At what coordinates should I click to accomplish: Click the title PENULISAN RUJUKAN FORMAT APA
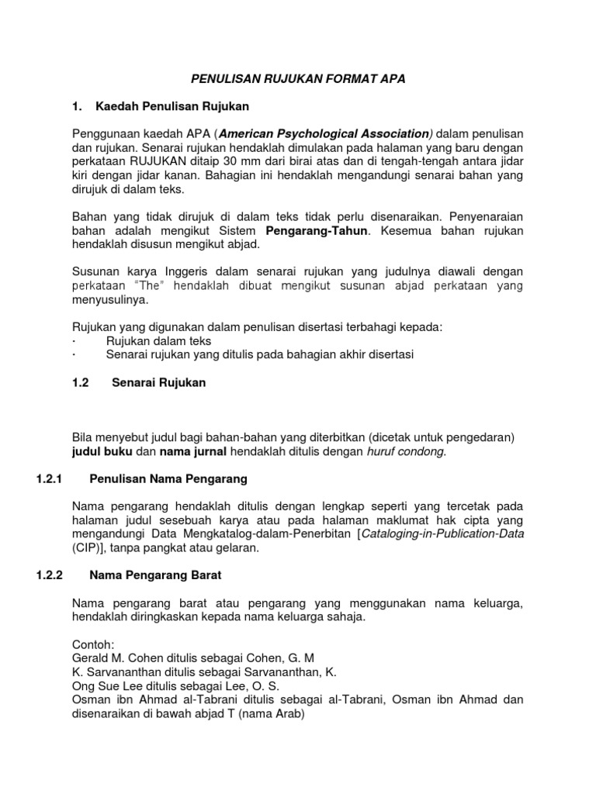click(x=298, y=78)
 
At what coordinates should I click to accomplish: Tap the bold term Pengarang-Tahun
click(x=314, y=231)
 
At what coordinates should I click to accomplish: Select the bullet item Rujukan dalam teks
click(x=158, y=340)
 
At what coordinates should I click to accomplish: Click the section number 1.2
click(x=81, y=382)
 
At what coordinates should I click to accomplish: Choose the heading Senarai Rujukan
click(x=159, y=382)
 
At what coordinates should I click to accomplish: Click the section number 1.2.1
click(x=50, y=479)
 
